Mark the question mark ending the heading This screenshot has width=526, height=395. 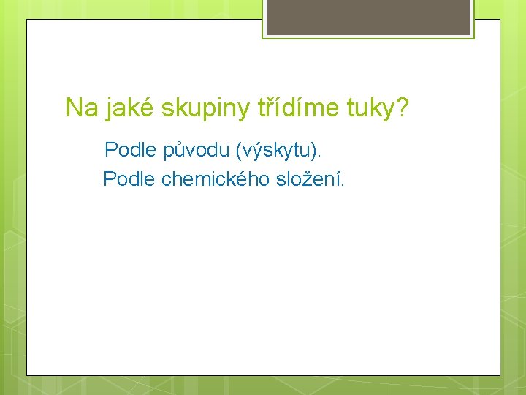tap(403, 108)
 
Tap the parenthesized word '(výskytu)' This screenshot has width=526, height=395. tap(276, 151)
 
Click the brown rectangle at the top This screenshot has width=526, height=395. tap(368, 17)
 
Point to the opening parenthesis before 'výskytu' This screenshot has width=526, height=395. tap(238, 151)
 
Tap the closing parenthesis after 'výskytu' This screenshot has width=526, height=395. tap(314, 151)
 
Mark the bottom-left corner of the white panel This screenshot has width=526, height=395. tap(28, 375)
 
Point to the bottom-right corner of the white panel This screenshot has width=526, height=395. tap(500, 375)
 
